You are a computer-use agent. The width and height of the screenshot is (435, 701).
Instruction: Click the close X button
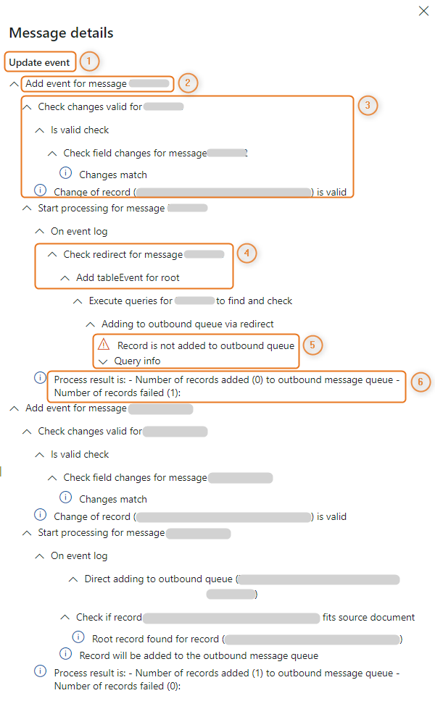click(x=423, y=11)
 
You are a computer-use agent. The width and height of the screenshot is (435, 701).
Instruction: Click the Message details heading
click(x=61, y=33)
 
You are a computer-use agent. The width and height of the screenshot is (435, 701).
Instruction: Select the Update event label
click(x=39, y=62)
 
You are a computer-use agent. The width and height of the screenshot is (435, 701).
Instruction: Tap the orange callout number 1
click(x=88, y=62)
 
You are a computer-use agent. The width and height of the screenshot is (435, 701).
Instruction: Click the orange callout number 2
click(x=187, y=83)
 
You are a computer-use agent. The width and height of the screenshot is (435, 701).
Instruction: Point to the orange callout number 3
click(x=368, y=106)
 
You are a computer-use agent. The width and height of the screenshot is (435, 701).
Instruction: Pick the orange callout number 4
click(x=246, y=253)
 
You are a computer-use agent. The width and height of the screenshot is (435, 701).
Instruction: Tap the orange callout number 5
click(x=312, y=345)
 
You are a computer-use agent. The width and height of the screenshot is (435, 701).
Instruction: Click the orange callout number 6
click(x=420, y=382)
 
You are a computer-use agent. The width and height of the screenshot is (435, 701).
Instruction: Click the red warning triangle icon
click(x=104, y=345)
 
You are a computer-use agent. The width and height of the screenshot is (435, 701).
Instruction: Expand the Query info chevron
click(x=103, y=361)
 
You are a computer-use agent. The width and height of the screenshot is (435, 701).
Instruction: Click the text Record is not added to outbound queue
click(x=206, y=345)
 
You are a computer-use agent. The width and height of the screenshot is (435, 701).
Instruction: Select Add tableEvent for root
click(x=128, y=277)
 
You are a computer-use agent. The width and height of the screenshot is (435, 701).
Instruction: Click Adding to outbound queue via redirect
click(x=188, y=324)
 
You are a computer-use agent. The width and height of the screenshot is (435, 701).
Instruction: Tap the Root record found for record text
click(x=156, y=639)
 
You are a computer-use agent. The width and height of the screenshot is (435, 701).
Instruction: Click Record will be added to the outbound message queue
click(x=199, y=656)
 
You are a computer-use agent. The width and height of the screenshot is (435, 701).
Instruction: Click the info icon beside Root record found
click(x=78, y=638)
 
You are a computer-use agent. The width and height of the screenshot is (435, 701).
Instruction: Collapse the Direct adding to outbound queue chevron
click(x=73, y=579)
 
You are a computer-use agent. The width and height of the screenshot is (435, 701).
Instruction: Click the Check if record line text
click(x=109, y=618)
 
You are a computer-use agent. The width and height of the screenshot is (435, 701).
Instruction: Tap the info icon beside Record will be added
click(x=66, y=655)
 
